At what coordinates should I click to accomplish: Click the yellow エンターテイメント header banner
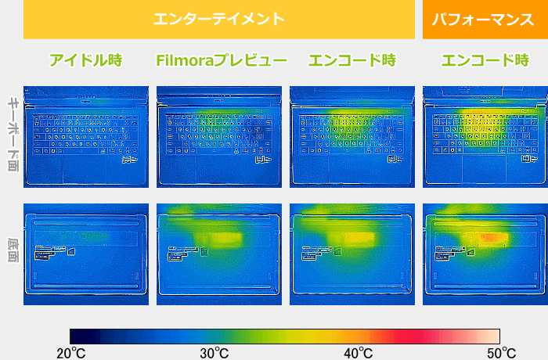219,20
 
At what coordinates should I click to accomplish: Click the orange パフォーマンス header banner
485,20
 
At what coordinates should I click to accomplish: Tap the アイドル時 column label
86,60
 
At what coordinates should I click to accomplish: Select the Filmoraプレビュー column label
222,60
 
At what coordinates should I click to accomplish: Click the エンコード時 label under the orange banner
485,60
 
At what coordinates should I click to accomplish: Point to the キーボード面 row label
13,134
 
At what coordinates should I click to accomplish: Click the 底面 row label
13,250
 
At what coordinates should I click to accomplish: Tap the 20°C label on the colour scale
71,353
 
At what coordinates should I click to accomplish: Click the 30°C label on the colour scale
215,353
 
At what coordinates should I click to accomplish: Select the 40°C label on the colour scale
359,353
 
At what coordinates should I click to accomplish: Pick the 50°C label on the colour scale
502,353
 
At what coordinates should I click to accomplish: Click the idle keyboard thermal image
86,137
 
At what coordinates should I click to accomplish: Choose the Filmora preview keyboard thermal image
219,137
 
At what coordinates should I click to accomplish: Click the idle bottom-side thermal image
86,254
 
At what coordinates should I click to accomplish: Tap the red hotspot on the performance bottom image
492,239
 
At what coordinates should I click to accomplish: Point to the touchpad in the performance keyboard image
485,169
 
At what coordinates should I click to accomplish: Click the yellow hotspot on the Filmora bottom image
219,239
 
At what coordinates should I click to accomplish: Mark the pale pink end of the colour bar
496,337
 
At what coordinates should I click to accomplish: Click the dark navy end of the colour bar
75,337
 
